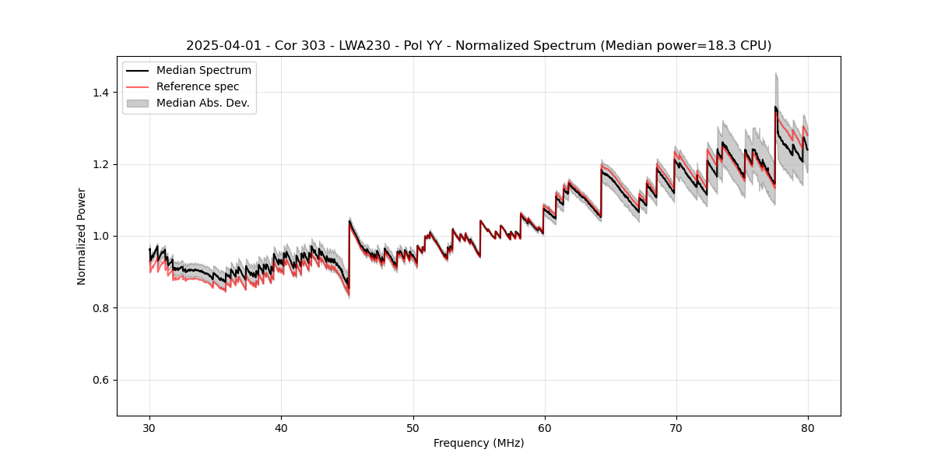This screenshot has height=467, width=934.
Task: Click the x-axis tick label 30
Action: (149, 428)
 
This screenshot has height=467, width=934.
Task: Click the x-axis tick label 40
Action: (281, 428)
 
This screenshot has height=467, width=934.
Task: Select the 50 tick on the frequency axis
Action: (413, 428)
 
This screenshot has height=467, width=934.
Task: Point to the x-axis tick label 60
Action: (544, 428)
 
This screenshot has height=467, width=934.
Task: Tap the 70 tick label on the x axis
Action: (676, 428)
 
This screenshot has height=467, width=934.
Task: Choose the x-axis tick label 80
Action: (807, 428)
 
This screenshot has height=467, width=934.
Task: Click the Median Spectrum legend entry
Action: (203, 71)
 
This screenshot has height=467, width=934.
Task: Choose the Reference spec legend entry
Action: (198, 86)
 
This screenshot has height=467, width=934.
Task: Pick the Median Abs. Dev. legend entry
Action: (202, 103)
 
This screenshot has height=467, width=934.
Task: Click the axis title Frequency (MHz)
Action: (479, 443)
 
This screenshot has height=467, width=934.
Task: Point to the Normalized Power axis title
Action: (82, 236)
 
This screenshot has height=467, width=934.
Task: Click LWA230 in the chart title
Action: (363, 46)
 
